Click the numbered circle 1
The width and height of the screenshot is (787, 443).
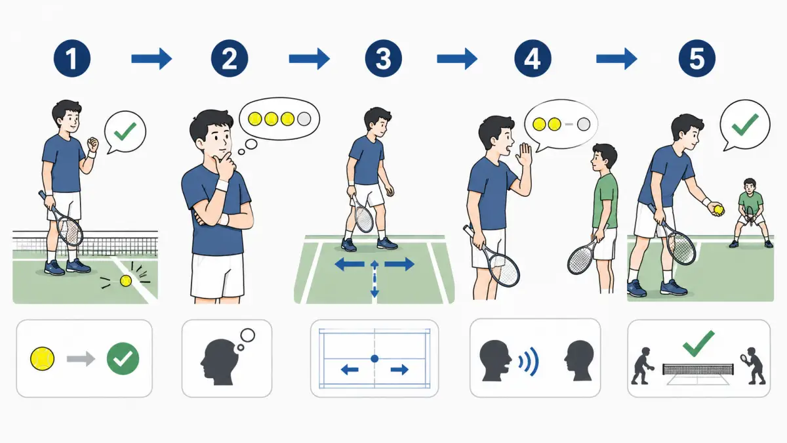click(x=72, y=58)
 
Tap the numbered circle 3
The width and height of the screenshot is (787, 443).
click(x=383, y=58)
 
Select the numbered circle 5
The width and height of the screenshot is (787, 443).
click(x=697, y=58)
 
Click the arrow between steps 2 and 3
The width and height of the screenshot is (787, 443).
click(x=309, y=58)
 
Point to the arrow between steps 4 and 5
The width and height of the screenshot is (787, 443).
click(x=616, y=58)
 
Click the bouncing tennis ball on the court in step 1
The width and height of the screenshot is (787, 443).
click(x=126, y=281)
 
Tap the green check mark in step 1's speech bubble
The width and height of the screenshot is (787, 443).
click(x=125, y=131)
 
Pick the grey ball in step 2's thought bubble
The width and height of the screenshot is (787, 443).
click(x=304, y=119)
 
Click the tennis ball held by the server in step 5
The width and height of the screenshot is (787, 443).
click(x=719, y=210)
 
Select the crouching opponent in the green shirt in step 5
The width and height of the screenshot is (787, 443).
click(x=750, y=213)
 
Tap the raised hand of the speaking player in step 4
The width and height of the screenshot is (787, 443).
click(x=524, y=154)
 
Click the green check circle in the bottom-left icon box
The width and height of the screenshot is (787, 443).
click(x=123, y=358)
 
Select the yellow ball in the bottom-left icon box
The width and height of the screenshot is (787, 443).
click(x=43, y=358)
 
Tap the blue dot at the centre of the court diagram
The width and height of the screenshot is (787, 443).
click(x=374, y=358)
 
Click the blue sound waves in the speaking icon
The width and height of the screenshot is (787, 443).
click(x=529, y=362)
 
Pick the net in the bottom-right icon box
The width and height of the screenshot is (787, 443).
click(x=698, y=369)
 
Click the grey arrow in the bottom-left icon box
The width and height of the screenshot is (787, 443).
click(x=81, y=359)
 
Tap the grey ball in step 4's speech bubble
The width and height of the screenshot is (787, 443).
click(x=584, y=124)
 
